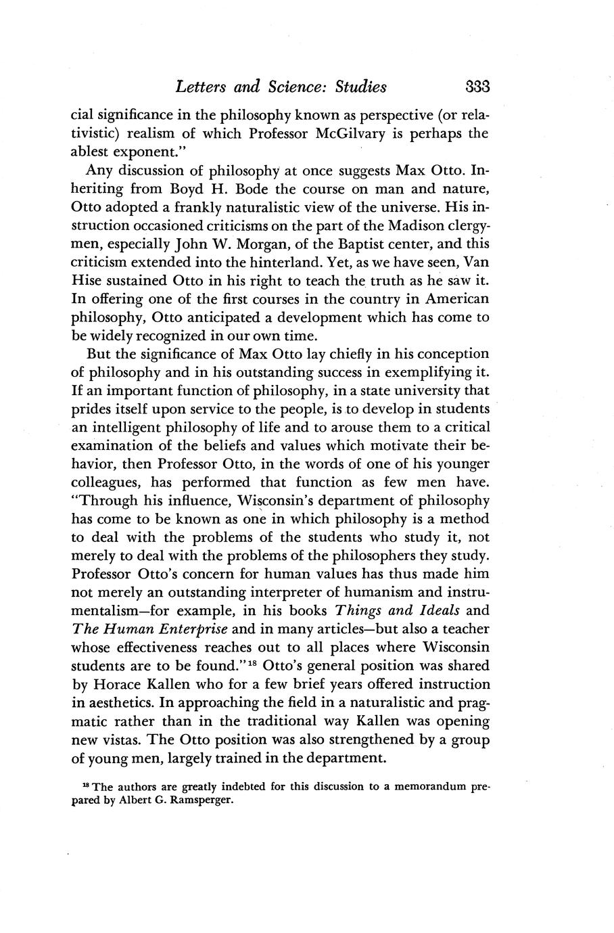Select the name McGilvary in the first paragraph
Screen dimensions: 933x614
pyautogui.click(x=350, y=133)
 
